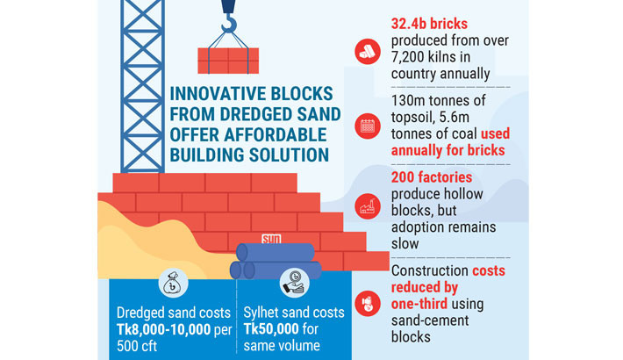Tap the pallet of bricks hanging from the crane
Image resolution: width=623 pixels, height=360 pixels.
point(227,59)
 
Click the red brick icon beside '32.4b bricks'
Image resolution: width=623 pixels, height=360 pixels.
point(367,51)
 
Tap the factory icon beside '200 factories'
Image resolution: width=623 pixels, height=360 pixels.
point(367,207)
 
